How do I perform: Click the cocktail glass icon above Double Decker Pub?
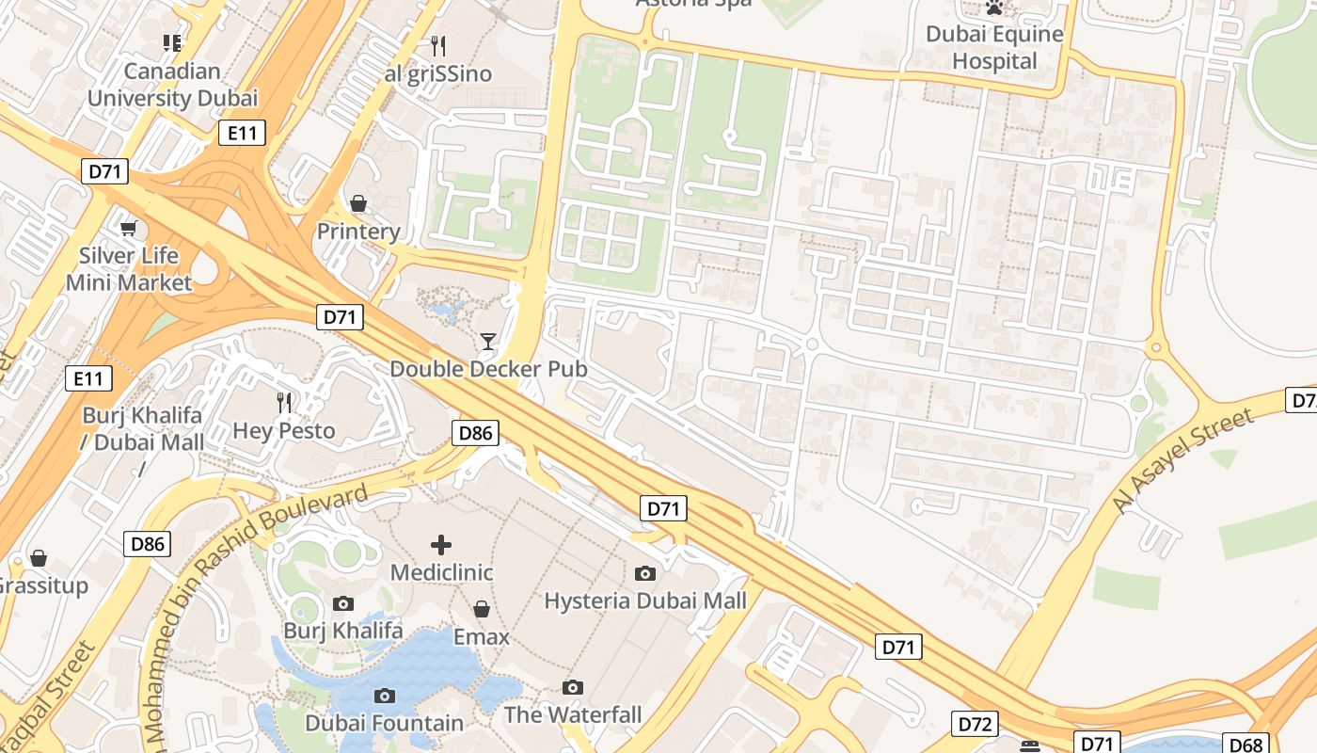tap(487, 341)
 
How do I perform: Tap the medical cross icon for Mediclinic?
tap(440, 544)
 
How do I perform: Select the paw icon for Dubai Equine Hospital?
tap(994, 8)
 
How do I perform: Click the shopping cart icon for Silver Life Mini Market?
tap(128, 228)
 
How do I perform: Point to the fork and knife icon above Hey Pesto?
tap(283, 403)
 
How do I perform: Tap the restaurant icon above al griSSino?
tap(437, 45)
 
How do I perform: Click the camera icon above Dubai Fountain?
tap(384, 696)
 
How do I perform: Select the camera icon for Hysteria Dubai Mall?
tap(644, 572)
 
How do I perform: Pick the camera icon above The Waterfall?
tap(572, 687)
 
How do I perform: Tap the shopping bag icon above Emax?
tap(481, 609)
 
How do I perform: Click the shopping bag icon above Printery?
tap(357, 203)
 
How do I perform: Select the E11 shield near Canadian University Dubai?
tap(242, 133)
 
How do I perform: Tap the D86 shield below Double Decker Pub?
tap(475, 433)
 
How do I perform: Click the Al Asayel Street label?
tap(1182, 461)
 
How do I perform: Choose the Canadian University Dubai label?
tap(172, 85)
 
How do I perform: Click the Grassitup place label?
tap(42, 585)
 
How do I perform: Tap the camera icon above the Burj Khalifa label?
tap(343, 603)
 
